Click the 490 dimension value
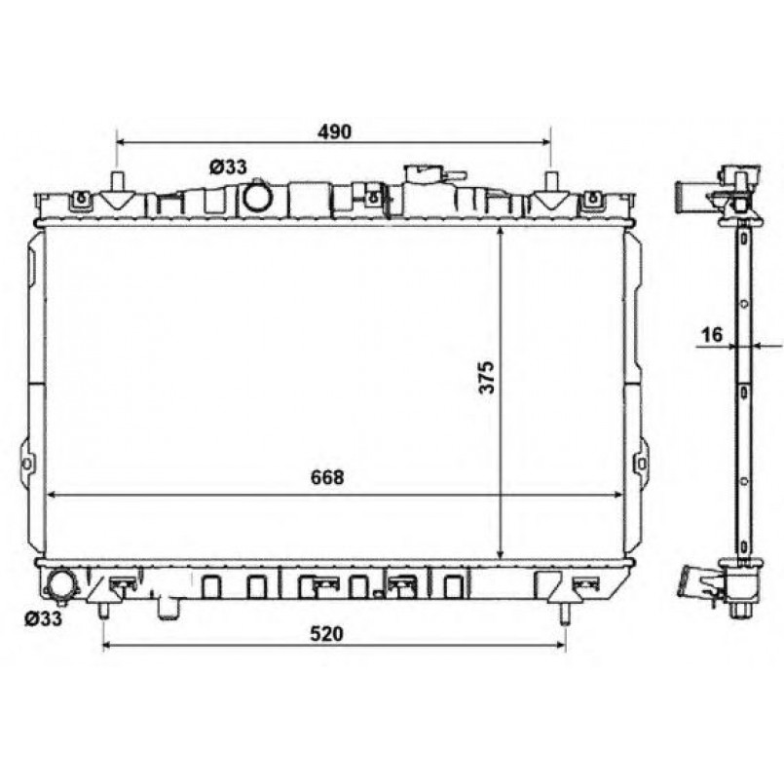(334, 131)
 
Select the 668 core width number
(327, 477)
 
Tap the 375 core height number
(487, 377)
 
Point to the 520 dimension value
(327, 634)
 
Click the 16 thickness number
(712, 334)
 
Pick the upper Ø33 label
(228, 167)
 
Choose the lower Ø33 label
(43, 618)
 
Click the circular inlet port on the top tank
(258, 197)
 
